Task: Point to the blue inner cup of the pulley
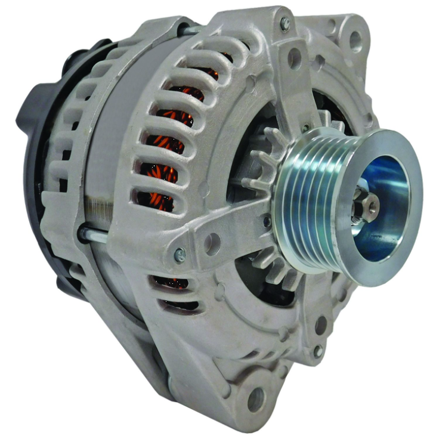(x=388, y=197)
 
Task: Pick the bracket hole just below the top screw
(x=294, y=58)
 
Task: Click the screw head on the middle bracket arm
(x=180, y=255)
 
